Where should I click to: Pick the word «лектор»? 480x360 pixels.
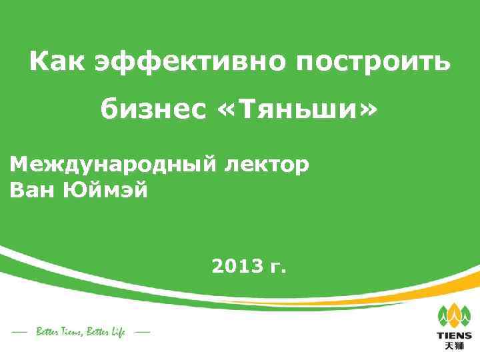pyautogui.click(x=266, y=164)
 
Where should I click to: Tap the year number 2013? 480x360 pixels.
pyautogui.click(x=235, y=267)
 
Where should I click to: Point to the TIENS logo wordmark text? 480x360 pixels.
pyautogui.click(x=454, y=335)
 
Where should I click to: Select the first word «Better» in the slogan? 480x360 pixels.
pyautogui.click(x=48, y=331)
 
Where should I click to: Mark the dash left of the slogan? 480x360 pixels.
pyautogui.click(x=20, y=331)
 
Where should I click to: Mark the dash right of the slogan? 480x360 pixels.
pyautogui.click(x=142, y=331)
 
